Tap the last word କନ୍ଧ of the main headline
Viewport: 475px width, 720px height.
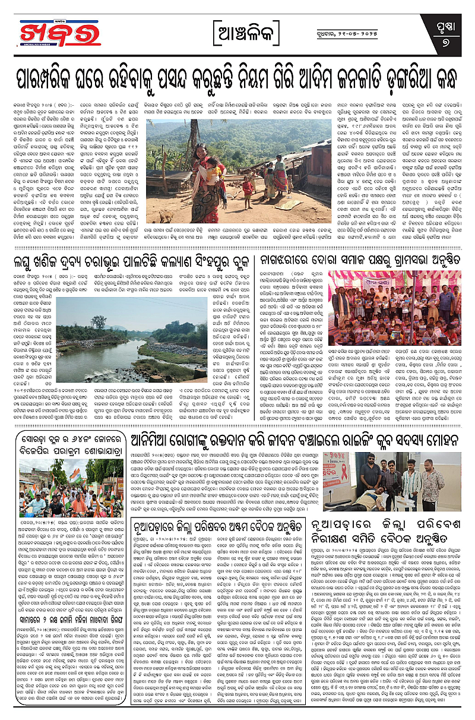(x=434, y=75)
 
